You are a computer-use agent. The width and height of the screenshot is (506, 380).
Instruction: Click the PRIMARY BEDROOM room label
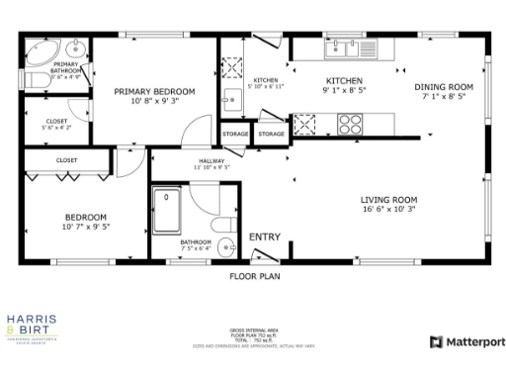coord(154,91)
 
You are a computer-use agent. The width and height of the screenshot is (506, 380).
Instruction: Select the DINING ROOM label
coord(443,87)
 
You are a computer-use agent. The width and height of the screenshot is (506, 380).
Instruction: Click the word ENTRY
coord(265,237)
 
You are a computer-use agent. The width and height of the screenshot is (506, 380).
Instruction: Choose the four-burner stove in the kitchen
coord(351,124)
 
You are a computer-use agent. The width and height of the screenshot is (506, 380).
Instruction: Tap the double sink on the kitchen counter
coord(344,46)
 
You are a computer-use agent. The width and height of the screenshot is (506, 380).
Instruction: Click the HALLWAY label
coord(211,160)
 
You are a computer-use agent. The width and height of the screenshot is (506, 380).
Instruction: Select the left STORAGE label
coord(235,133)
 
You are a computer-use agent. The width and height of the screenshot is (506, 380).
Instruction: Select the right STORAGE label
coord(272,133)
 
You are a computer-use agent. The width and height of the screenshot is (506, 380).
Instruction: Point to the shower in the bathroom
coord(170,209)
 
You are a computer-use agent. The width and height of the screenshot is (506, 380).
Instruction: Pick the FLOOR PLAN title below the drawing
coord(254,276)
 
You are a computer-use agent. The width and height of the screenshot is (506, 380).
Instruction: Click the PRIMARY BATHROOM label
coord(66,68)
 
